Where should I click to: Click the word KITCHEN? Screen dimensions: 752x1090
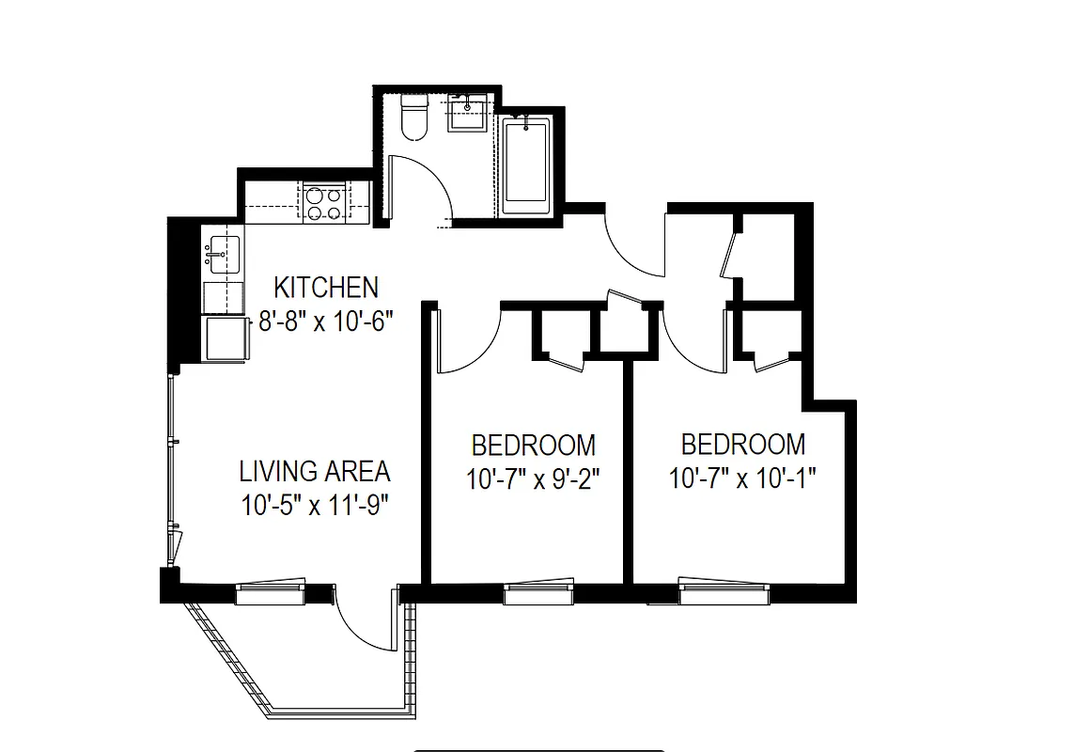click(325, 287)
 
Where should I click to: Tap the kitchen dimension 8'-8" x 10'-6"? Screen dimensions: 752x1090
click(325, 321)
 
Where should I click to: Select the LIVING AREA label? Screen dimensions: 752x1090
click(314, 470)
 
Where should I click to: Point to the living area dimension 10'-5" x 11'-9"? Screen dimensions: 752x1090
click(314, 505)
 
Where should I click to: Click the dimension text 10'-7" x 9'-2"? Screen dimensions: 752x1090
click(533, 479)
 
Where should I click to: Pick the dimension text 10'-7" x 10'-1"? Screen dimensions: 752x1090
click(742, 478)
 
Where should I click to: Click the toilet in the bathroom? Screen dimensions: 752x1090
click(413, 117)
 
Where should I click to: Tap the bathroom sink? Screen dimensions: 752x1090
click(467, 115)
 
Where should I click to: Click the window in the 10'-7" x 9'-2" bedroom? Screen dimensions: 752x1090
click(537, 593)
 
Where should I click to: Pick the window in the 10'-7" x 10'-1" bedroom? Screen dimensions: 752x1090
click(724, 593)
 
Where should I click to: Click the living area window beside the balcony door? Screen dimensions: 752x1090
click(271, 592)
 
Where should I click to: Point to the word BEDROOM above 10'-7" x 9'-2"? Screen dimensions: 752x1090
click(533, 445)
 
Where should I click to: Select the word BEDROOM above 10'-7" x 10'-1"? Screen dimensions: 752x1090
click(742, 444)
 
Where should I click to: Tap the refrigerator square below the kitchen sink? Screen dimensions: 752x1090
click(226, 338)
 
